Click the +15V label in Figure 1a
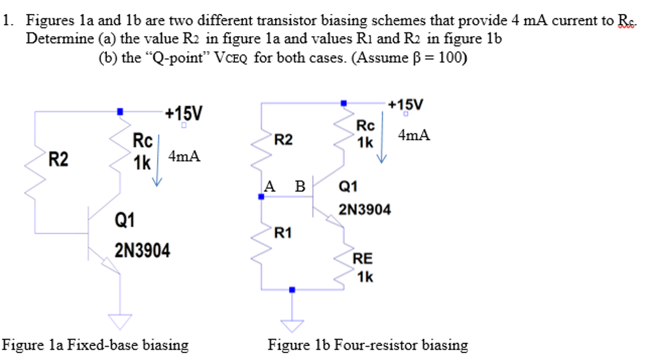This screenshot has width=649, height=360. click(184, 114)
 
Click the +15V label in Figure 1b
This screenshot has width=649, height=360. click(406, 104)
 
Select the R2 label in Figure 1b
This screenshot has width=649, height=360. click(283, 139)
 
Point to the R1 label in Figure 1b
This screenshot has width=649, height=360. click(283, 233)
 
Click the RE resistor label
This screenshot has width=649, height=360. click(363, 259)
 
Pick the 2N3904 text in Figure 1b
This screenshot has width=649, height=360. click(365, 209)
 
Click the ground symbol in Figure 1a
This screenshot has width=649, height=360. click(120, 320)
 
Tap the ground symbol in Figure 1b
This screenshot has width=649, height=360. click(292, 325)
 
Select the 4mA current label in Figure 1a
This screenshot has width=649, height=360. click(184, 157)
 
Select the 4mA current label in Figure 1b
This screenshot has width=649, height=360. click(414, 135)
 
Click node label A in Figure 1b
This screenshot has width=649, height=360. click(270, 186)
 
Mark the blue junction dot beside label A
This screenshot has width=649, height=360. click(261, 197)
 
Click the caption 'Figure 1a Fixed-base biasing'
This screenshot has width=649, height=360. click(96, 345)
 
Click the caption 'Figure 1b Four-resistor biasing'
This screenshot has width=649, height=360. click(368, 345)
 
